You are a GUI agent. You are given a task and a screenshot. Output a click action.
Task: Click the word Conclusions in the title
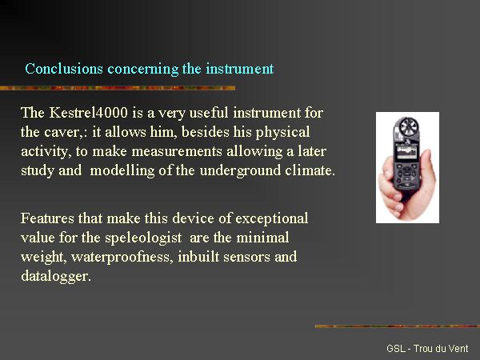(x=64, y=69)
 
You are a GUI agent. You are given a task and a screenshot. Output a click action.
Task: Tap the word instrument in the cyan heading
(x=240, y=69)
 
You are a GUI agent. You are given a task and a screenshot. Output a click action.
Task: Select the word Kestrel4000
(x=89, y=112)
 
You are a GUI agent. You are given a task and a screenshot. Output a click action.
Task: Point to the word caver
(x=62, y=133)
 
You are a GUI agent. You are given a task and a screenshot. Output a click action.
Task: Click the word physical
(x=282, y=133)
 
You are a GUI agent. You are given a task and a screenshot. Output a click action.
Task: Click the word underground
(x=240, y=171)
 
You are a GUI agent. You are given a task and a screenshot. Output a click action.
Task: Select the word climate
(x=310, y=170)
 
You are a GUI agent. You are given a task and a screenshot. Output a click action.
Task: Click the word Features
(x=47, y=218)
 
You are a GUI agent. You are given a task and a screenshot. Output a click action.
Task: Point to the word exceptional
(x=271, y=219)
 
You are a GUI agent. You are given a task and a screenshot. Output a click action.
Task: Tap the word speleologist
(x=143, y=238)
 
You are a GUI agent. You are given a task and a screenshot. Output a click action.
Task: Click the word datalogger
(x=56, y=277)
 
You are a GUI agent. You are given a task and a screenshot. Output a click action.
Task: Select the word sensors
(x=246, y=257)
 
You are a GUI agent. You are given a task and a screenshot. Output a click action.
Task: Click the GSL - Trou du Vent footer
(x=427, y=348)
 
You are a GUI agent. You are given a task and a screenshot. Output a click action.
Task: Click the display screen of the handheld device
(x=406, y=154)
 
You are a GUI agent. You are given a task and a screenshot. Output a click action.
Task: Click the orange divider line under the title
(x=118, y=88)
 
